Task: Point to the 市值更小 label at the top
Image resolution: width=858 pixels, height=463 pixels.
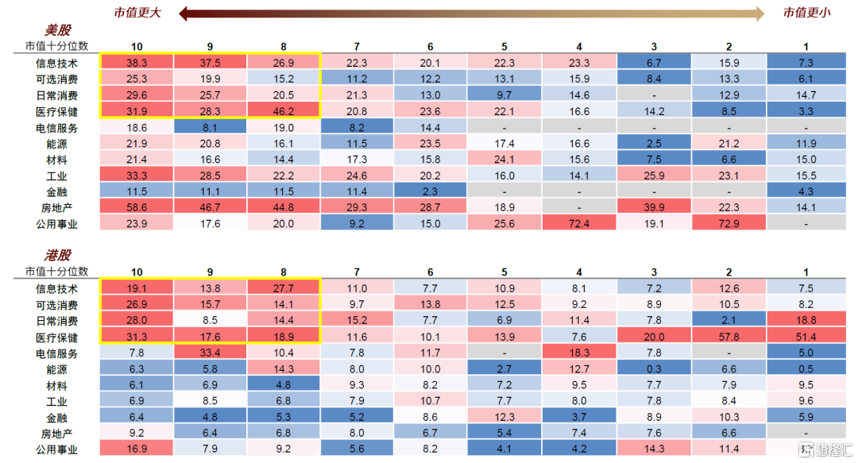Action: coord(806,12)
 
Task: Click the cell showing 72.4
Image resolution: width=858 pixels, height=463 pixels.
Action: coord(579,223)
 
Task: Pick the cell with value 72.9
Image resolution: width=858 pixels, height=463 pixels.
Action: coord(728,223)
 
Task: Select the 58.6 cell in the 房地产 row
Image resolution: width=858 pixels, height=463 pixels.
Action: coord(137,207)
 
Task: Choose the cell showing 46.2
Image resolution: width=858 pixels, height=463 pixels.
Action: coord(284,111)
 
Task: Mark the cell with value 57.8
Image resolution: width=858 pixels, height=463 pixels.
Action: coord(728,337)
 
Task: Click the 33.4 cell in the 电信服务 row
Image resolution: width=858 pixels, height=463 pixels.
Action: coord(211,353)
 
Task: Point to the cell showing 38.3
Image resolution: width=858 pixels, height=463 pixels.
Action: coord(137,62)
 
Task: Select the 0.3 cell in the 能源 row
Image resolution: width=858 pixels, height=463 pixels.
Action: coord(654,368)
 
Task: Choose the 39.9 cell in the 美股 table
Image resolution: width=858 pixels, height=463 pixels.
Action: coord(654,207)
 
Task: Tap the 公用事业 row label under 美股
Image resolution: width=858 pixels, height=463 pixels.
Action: coord(56,223)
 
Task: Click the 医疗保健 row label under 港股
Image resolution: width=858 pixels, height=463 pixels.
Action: coord(56,337)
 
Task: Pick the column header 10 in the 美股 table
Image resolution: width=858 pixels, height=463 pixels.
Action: coord(137,47)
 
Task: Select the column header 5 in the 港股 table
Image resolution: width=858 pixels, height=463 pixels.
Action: coord(504,272)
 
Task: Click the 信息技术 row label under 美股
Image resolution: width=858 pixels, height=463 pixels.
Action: coord(56,62)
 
